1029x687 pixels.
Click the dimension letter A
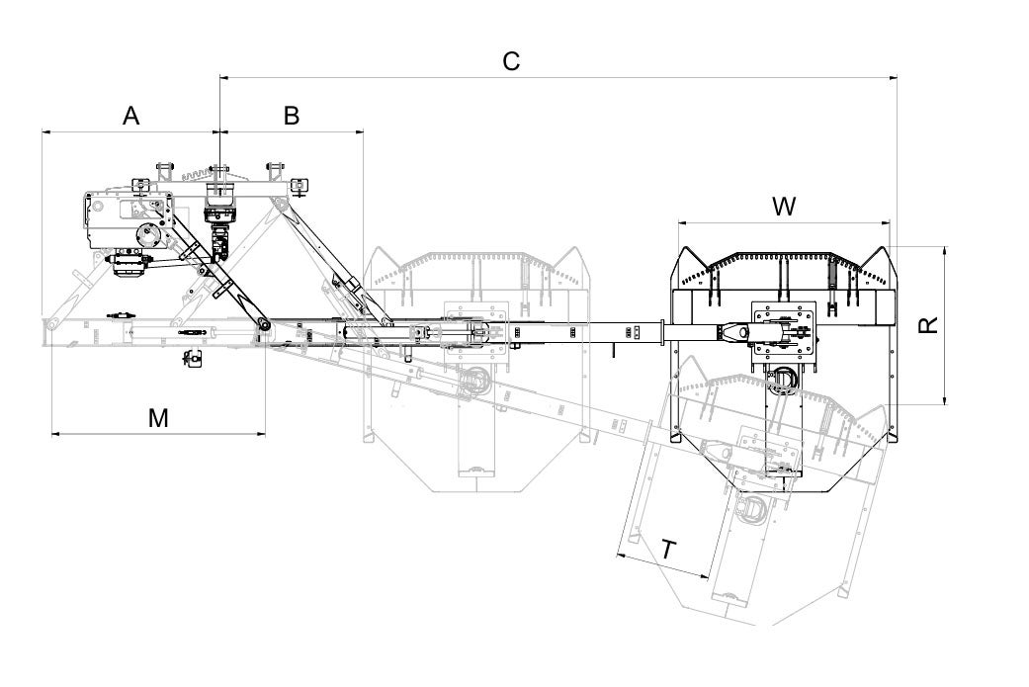pos(131,116)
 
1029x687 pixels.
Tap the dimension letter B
pos(292,116)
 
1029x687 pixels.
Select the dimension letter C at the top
pos(511,61)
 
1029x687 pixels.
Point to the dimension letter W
pos(784,206)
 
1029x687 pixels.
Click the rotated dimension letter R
pos(929,325)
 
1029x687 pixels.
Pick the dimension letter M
pos(158,417)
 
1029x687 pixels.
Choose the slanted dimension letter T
pos(669,550)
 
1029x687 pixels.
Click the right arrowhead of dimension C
pos(892,78)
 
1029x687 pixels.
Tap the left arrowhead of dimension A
pos(46,131)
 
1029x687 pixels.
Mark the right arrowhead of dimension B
pos(358,131)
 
